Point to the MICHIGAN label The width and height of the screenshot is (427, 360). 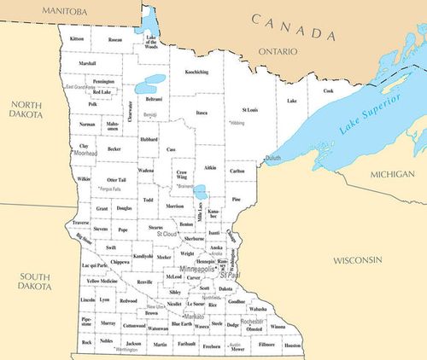tap(391, 174)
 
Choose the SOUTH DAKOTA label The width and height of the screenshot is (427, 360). tap(36, 281)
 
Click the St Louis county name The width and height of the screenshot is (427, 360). tap(250, 110)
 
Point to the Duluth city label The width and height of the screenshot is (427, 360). tap(272, 159)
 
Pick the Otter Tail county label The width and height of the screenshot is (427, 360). tap(116, 180)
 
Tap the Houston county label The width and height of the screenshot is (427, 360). tap(293, 345)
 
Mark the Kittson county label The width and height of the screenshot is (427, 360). tap(78, 39)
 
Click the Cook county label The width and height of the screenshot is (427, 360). tap(328, 91)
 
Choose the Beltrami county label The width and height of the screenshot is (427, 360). tap(154, 99)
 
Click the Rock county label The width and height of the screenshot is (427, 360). tap(86, 342)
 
